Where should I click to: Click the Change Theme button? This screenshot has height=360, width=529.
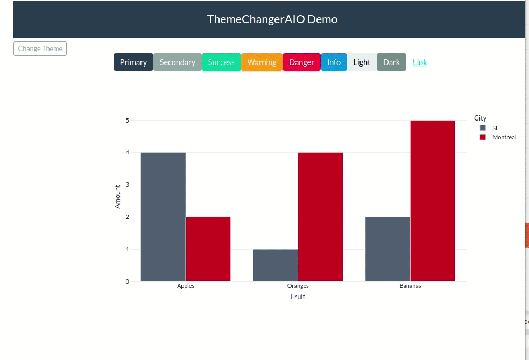40,48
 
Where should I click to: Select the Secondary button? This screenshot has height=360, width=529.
177,62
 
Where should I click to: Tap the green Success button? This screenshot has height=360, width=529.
221,62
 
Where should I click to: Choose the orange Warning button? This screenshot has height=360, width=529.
262,62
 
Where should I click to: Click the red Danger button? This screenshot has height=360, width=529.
301,62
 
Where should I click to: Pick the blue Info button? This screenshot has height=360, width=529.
334,62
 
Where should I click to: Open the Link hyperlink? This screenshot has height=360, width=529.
420,62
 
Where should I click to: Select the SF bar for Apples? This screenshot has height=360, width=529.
163,217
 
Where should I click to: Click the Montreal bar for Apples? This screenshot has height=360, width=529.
208,249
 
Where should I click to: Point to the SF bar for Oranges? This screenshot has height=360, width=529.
275,265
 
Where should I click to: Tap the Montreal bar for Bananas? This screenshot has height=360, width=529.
432,201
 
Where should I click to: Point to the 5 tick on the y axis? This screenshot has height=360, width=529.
128,121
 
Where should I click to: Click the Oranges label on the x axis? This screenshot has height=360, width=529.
298,286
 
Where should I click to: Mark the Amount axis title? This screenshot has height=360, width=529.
118,196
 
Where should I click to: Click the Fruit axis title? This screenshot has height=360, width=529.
298,297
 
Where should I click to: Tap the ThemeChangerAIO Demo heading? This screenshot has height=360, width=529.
272,19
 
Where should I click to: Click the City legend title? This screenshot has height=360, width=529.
480,118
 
